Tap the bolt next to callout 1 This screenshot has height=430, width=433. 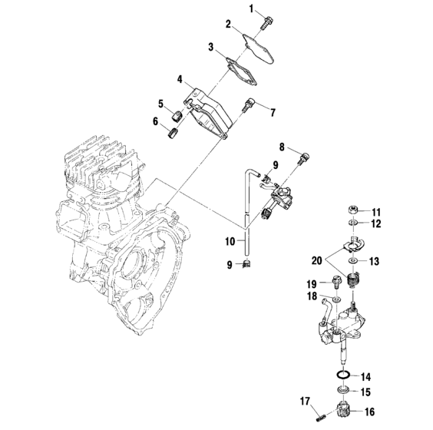266,21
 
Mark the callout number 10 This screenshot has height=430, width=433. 230,240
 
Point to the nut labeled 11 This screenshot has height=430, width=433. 349,209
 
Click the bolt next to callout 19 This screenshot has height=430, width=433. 339,282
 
